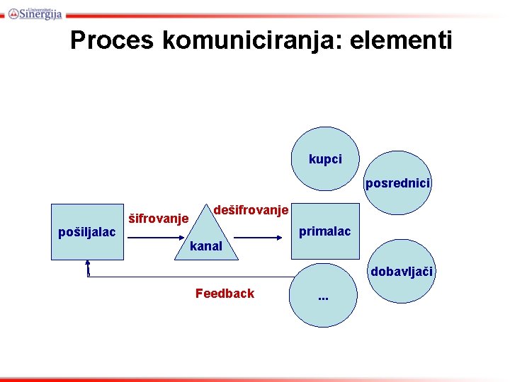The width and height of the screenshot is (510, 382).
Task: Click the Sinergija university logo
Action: tap(35, 12)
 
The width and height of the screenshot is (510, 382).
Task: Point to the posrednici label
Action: tap(397, 183)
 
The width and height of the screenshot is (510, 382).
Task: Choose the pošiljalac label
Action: tap(86, 232)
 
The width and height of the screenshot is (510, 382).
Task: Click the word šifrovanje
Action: tap(157, 219)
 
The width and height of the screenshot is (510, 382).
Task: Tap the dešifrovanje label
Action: tap(251, 210)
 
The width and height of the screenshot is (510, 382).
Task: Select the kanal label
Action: tap(206, 246)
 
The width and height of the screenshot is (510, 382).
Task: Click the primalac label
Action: tap(324, 231)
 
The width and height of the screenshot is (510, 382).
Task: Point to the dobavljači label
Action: tap(399, 271)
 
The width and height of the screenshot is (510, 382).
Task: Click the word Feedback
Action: tap(225, 293)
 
